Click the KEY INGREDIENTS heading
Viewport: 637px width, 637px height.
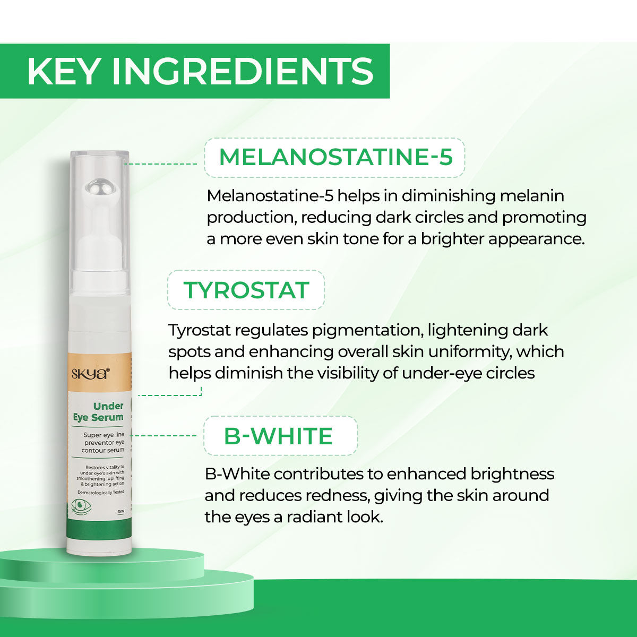[x=200, y=71]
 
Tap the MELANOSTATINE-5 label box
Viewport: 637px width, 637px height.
[x=335, y=157]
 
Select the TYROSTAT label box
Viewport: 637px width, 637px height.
[x=246, y=290]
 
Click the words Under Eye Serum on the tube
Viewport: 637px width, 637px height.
[x=99, y=412]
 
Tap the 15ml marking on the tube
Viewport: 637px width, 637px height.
[x=121, y=511]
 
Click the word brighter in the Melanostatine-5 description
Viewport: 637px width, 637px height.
[x=452, y=238]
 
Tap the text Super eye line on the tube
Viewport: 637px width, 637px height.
[x=104, y=435]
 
